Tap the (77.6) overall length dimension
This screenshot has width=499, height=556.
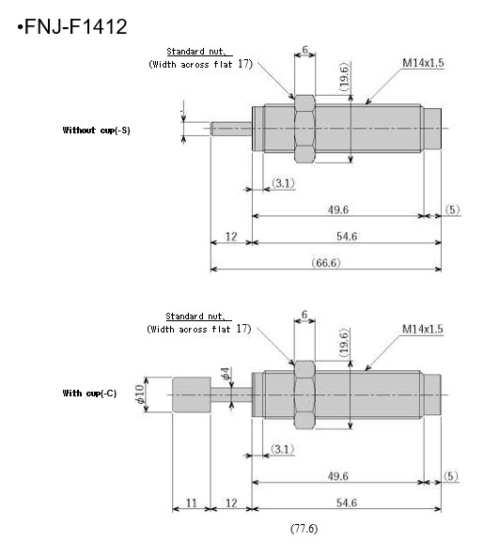pos(304,529)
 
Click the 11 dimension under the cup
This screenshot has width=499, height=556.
pos(191,503)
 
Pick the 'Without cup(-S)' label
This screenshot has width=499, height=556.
pos(96,130)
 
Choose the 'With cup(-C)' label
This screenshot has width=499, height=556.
pos(89,394)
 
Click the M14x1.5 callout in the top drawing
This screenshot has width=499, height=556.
pos(423,63)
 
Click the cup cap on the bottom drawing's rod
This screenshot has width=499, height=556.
pos(192,395)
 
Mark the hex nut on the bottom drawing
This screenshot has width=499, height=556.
pos(304,395)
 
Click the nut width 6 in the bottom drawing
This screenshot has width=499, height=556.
pos(304,315)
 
